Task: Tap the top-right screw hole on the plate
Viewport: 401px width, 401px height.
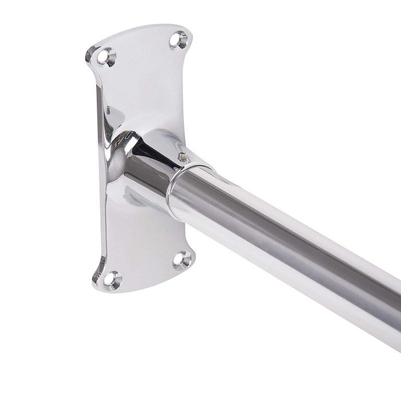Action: [x=178, y=39]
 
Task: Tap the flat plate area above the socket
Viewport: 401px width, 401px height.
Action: [x=145, y=85]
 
